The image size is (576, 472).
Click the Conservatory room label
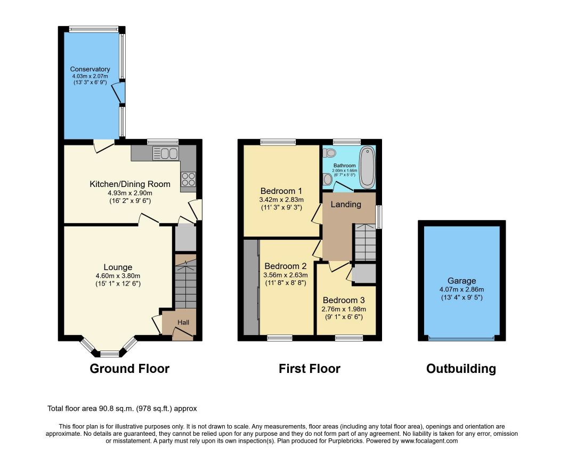(x=90, y=69)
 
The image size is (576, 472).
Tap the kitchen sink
(x=166, y=153)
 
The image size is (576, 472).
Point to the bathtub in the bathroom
(x=367, y=167)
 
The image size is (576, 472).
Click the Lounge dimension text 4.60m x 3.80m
(x=118, y=276)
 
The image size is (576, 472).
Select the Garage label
(x=462, y=281)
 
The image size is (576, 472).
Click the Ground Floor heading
(x=129, y=369)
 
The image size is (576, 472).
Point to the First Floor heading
(x=309, y=369)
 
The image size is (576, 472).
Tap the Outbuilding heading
(x=461, y=369)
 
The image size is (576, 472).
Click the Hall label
(x=183, y=322)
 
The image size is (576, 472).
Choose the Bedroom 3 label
(x=344, y=300)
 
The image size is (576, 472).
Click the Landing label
(x=346, y=204)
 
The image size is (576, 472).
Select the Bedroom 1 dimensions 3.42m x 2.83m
(x=281, y=200)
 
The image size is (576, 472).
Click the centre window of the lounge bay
(x=110, y=354)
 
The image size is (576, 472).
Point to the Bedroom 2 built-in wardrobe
(x=252, y=287)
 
